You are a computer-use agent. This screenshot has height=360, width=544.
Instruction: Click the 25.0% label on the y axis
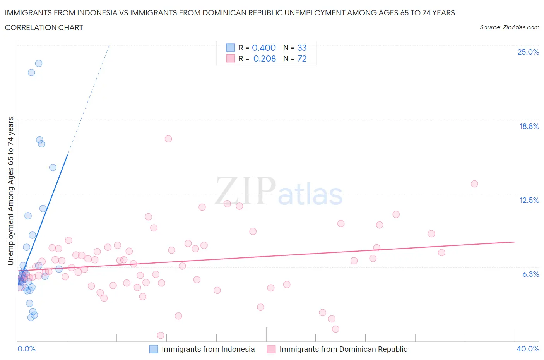[528, 52]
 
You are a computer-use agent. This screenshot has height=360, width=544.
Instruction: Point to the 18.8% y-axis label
[529, 126]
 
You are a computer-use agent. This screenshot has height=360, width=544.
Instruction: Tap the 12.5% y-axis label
[529, 200]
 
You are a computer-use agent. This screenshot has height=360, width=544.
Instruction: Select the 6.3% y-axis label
[530, 274]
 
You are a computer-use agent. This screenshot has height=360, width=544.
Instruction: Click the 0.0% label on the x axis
[26, 349]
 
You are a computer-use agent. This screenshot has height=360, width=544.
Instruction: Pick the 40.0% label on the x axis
[528, 349]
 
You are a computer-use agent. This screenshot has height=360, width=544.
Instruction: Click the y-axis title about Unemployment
[10, 191]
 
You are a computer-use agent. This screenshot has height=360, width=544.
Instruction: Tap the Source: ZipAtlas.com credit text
[509, 27]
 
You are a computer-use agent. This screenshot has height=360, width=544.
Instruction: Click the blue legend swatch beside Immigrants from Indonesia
[154, 349]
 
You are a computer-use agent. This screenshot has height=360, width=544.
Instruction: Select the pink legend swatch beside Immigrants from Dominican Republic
[271, 349]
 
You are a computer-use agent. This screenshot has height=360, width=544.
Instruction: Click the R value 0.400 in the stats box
[264, 48]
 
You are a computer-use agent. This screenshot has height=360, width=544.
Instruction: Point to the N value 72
[302, 58]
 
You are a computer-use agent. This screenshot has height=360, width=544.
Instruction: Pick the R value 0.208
[265, 58]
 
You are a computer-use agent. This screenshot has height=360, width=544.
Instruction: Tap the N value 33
[302, 48]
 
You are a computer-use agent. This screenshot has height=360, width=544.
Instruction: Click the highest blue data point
[39, 63]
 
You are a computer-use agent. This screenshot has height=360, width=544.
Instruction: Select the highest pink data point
[168, 139]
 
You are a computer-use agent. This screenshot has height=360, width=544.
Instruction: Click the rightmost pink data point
[474, 184]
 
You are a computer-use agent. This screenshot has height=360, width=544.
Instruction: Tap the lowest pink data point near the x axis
[161, 335]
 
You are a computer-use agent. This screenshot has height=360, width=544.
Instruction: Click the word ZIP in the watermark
[245, 191]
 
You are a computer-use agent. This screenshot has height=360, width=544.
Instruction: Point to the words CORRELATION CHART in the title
[44, 27]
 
